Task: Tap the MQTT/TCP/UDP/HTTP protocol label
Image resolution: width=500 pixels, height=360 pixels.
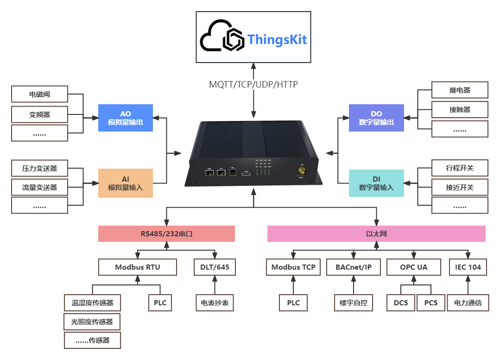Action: [x=253, y=85]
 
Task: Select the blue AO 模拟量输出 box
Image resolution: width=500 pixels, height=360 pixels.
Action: [x=125, y=118]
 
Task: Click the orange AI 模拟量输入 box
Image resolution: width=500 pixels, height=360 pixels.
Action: [x=125, y=183]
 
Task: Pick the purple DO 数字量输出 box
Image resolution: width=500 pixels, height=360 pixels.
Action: [x=376, y=118]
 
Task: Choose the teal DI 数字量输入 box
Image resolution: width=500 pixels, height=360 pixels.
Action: [x=376, y=183]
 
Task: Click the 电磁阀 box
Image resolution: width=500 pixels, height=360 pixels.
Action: [x=39, y=94]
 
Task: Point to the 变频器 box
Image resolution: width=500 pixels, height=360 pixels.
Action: [x=39, y=114]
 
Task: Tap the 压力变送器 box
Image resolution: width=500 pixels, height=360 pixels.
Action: [x=39, y=168]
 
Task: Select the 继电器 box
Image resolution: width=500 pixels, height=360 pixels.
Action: [x=459, y=90]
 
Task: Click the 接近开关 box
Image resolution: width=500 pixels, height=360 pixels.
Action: [x=459, y=187]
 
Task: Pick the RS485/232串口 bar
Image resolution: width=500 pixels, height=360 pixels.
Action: [x=166, y=234]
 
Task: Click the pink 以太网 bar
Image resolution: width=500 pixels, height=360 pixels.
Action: [x=376, y=234]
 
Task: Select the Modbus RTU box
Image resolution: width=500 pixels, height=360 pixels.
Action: [x=138, y=267]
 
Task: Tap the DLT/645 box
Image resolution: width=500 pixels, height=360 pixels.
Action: [x=214, y=267]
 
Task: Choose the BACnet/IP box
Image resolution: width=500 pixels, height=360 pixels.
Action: [x=353, y=267]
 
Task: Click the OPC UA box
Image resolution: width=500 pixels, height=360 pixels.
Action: [x=413, y=267]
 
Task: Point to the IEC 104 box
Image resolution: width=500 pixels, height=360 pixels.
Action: [x=468, y=267]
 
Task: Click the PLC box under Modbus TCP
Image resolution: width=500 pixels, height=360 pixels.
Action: [x=293, y=303]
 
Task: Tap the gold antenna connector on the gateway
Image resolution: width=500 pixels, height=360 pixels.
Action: [x=301, y=170]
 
